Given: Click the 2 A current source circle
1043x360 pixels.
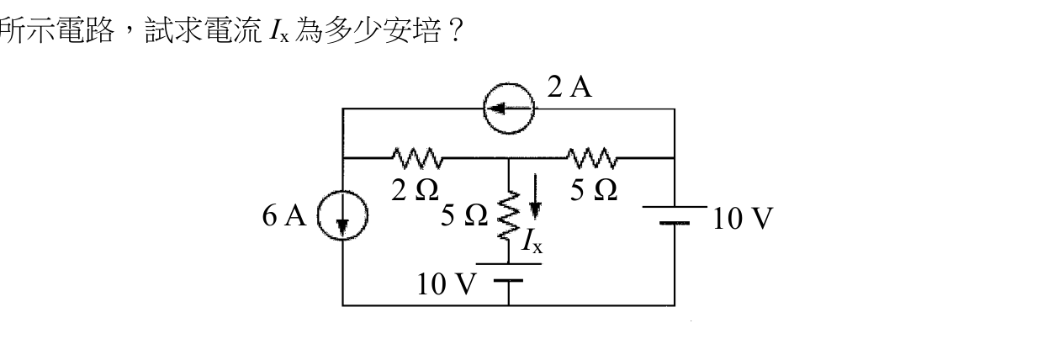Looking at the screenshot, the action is tap(509, 84).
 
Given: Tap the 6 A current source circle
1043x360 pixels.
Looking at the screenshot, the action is tap(342, 190).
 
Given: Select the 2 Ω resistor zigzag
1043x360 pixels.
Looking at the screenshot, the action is tap(418, 158).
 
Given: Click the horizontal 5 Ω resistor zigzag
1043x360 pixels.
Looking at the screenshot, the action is tap(592, 158).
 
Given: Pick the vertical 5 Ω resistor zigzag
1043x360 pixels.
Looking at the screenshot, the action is tap(509, 215).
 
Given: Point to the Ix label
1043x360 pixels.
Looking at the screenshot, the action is tap(532, 241).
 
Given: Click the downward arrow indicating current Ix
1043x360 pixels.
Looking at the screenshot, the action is tap(536, 196).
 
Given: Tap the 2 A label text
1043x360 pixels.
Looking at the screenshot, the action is tap(569, 87).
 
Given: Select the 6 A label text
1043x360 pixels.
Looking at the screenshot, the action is tap(284, 215).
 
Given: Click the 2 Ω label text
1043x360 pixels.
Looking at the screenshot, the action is tap(415, 190).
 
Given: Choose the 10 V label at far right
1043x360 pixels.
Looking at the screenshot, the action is tap(743, 219).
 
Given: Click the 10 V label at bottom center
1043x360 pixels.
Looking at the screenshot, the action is tap(447, 284).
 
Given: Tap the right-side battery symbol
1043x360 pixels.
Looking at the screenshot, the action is tap(675, 214).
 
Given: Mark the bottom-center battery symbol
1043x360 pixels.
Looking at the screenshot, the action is tap(508, 273).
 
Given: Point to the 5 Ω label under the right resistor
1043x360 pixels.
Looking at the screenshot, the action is tap(594, 190).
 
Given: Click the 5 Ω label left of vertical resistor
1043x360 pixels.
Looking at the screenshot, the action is tap(464, 215).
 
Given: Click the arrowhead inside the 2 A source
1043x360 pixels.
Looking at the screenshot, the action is tap(496, 109).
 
